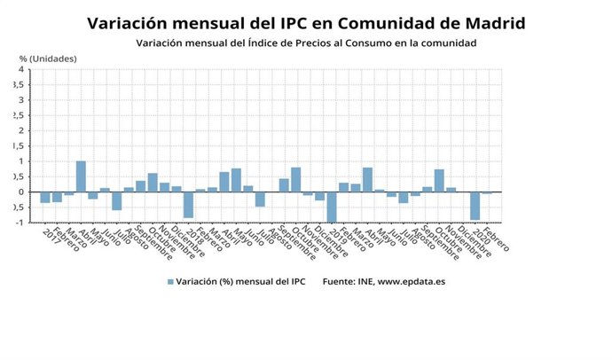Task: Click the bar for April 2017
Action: (81, 176)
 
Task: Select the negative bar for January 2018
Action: (188, 204)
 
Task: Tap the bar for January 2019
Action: (332, 207)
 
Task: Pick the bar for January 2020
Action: (475, 206)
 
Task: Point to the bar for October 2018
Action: (295, 180)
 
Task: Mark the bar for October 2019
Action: (439, 181)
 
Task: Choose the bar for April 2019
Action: (367, 180)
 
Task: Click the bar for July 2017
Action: (116, 200)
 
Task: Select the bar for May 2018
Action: (236, 180)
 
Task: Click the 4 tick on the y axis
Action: (20, 69)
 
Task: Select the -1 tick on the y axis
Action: (19, 222)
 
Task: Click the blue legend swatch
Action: (170, 282)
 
